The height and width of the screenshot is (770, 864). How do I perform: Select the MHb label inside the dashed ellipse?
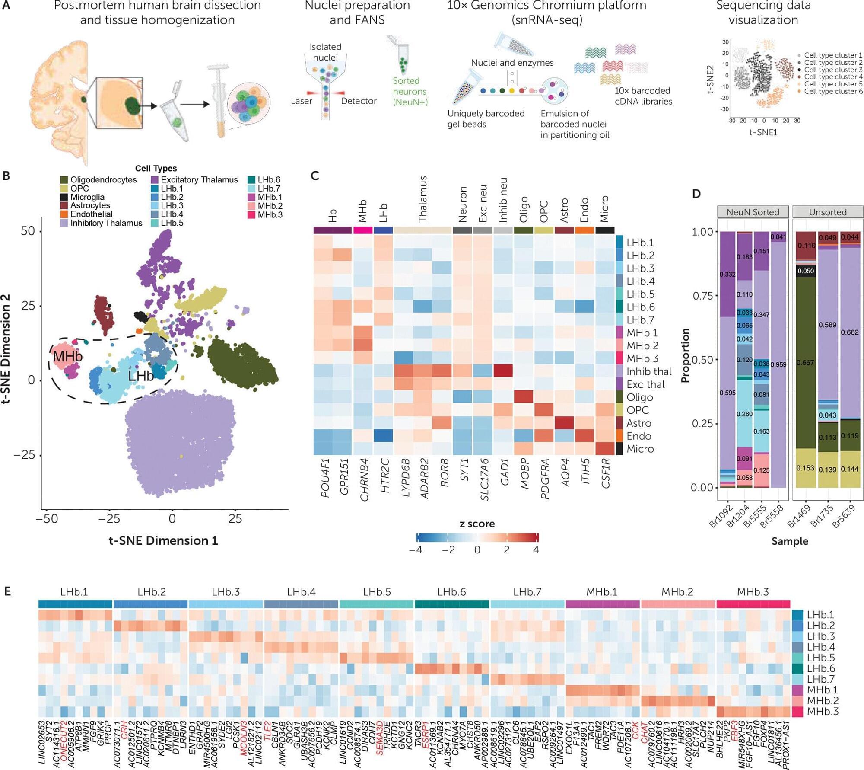pyautogui.click(x=67, y=357)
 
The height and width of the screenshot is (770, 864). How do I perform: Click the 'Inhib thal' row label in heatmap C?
pyautogui.click(x=649, y=372)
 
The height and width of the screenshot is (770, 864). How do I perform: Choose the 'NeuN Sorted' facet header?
pyautogui.click(x=753, y=212)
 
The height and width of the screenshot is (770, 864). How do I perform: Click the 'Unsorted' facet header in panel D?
pyautogui.click(x=828, y=212)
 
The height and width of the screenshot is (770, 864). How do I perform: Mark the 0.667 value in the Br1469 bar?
pyautogui.click(x=806, y=363)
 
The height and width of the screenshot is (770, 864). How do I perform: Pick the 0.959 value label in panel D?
pyautogui.click(x=778, y=364)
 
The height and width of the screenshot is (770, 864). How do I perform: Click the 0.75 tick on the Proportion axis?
pyautogui.click(x=702, y=296)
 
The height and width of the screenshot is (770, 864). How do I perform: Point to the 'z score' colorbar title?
pyautogui.click(x=477, y=524)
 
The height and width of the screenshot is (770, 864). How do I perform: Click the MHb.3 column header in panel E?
pyautogui.click(x=753, y=592)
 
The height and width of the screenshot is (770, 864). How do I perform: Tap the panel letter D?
pyautogui.click(x=696, y=194)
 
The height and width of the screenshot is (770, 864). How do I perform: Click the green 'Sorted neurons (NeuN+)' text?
pyautogui.click(x=410, y=91)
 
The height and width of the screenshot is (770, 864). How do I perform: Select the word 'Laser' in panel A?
pyautogui.click(x=301, y=101)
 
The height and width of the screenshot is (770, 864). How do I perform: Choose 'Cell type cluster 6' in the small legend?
pyautogui.click(x=832, y=91)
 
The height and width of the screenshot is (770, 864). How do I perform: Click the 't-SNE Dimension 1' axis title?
pyautogui.click(x=163, y=540)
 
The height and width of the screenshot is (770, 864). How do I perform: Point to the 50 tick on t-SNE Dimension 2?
pyautogui.click(x=28, y=231)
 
